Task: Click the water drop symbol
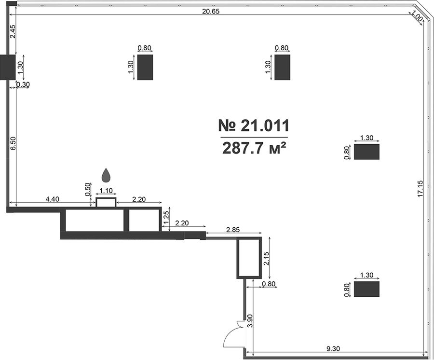[106, 175]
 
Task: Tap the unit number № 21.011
[254, 126]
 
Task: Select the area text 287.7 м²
[254, 149]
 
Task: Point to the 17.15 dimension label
[420, 189]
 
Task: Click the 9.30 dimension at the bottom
[333, 348]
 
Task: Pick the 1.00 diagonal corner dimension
[417, 16]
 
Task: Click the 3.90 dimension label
[250, 321]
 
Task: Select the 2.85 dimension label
[233, 230]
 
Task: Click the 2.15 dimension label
[267, 258]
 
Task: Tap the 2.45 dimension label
[13, 32]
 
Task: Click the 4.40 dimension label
[52, 199]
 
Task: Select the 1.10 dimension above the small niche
[106, 191]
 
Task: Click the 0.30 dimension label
[23, 84]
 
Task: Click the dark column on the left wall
[8, 67]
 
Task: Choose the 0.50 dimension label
[88, 190]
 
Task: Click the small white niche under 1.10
[106, 202]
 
